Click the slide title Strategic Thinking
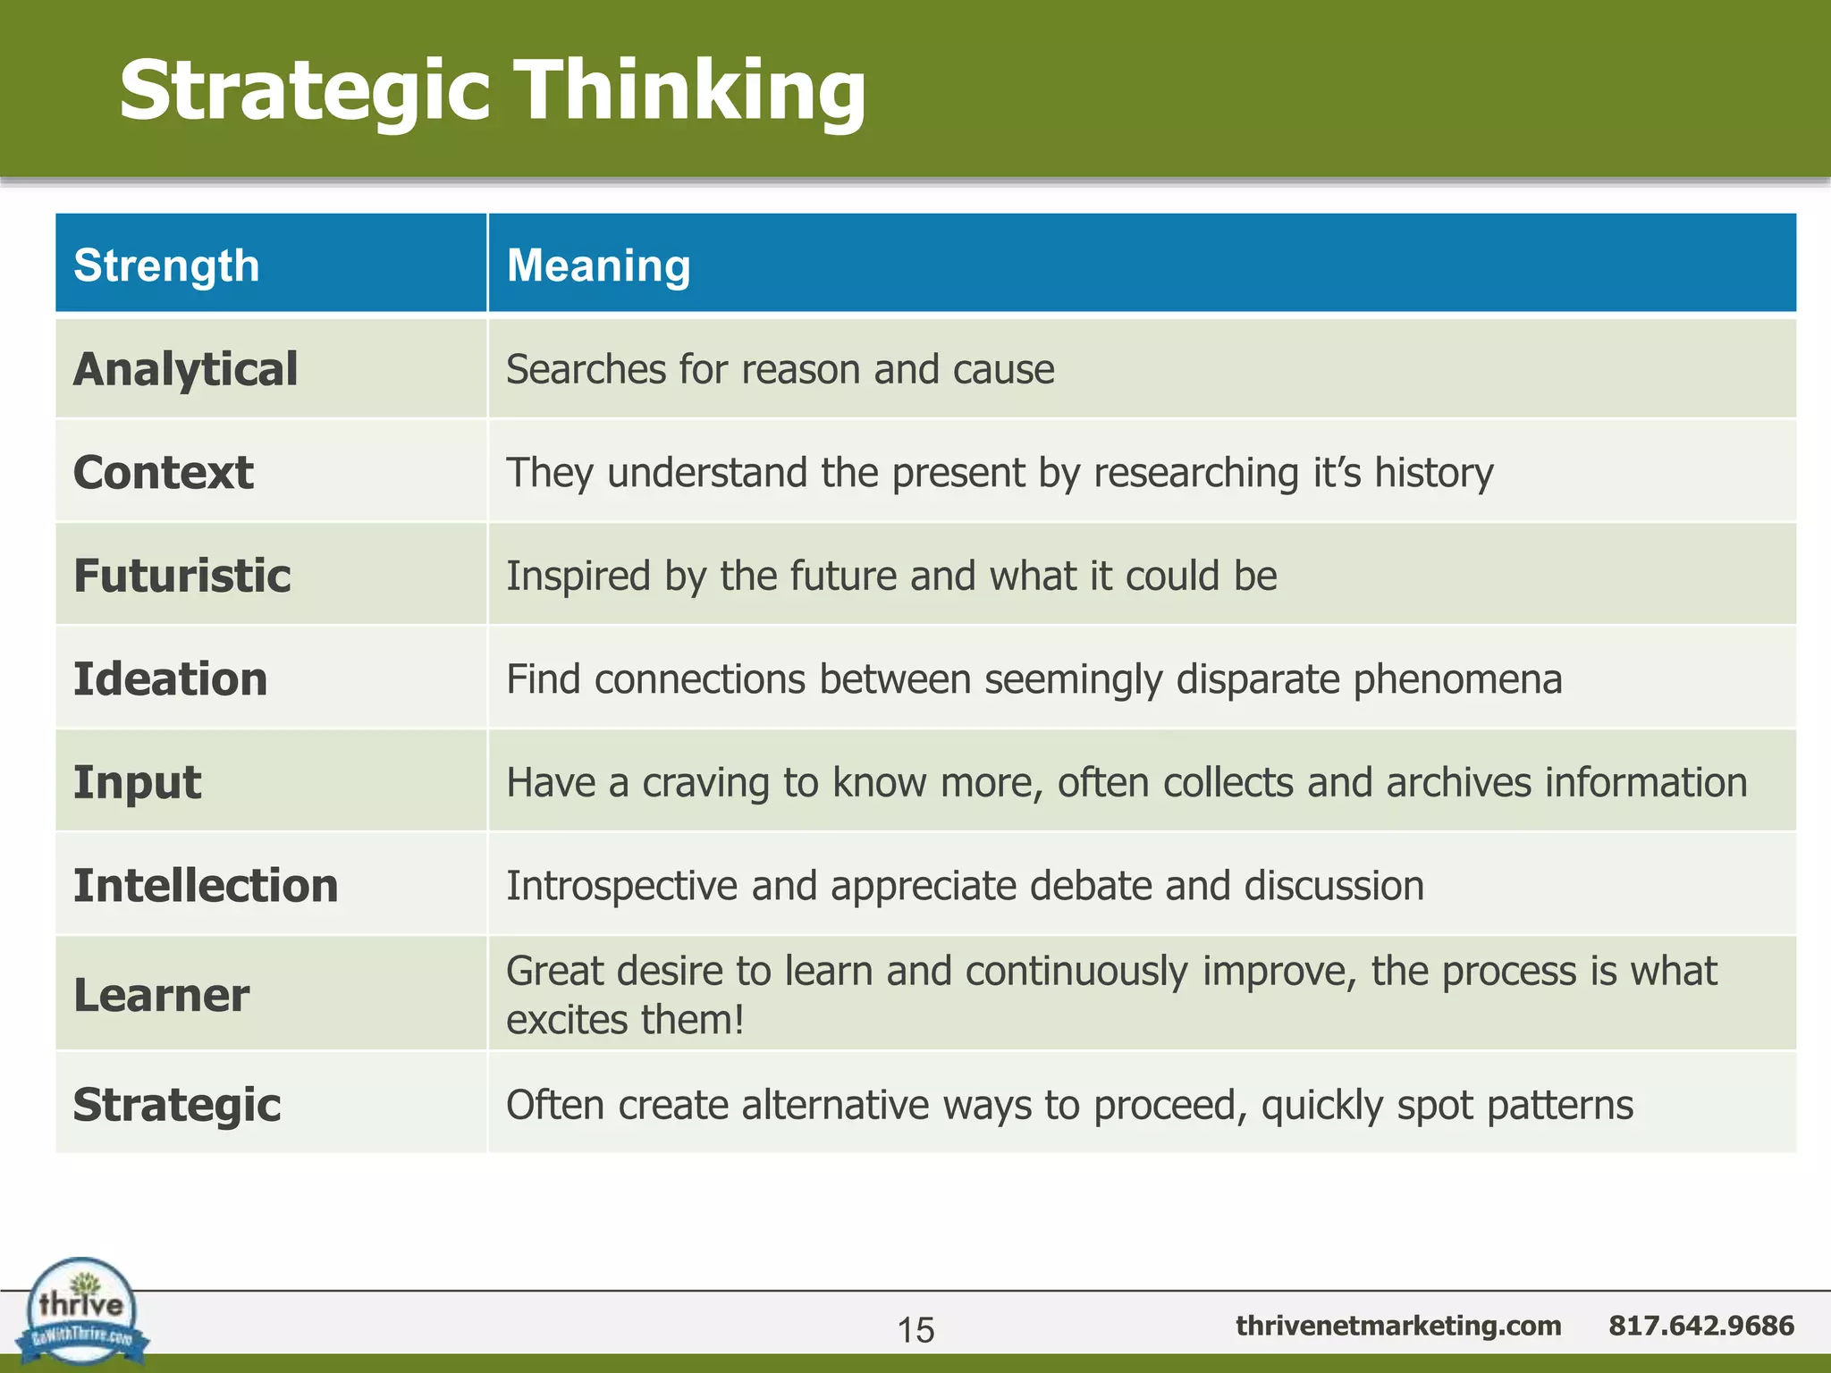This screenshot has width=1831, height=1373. [493, 90]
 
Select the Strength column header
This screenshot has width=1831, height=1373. [166, 265]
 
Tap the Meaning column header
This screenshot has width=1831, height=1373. [598, 265]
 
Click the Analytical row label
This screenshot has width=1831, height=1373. [185, 369]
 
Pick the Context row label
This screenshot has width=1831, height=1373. [163, 472]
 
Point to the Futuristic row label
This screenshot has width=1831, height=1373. [181, 575]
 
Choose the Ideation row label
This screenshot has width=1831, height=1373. [170, 678]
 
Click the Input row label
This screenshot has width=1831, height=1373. [137, 782]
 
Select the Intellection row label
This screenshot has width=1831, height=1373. [206, 885]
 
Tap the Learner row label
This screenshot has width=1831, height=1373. [161, 995]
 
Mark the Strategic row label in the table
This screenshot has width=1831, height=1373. [177, 1105]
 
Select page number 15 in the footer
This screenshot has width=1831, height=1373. [915, 1330]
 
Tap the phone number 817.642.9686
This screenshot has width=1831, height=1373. [1700, 1325]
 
